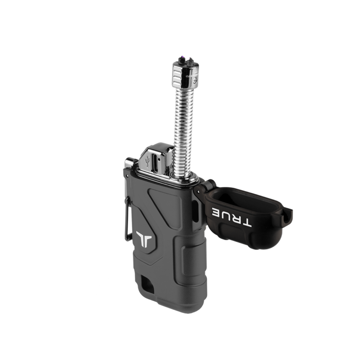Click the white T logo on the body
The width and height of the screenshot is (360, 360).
[x=144, y=239]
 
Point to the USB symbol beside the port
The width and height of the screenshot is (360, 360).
[x=148, y=161]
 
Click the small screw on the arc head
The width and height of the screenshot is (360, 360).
[x=195, y=80]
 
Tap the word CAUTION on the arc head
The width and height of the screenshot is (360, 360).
[x=192, y=76]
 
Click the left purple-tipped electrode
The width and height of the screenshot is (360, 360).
[x=182, y=59]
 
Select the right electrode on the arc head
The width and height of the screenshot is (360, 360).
[x=190, y=62]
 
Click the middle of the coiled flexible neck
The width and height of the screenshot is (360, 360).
[x=183, y=131]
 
